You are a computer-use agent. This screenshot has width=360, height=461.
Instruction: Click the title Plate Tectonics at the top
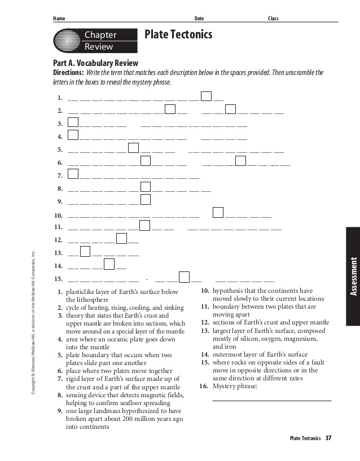point(178,35)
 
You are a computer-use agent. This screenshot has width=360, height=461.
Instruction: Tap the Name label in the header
point(59,19)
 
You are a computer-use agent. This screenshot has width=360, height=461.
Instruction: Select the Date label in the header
point(199,19)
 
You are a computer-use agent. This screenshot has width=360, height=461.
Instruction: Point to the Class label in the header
point(273,19)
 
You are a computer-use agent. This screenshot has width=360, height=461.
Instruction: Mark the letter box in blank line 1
point(206,96)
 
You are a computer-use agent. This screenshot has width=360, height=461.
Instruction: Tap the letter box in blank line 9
point(145,199)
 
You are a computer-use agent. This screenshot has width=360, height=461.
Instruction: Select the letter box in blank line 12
point(121,238)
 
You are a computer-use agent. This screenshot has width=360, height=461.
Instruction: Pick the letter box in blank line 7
point(73,173)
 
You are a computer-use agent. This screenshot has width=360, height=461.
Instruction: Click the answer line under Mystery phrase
point(271,400)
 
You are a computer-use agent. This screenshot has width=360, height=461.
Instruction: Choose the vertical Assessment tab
point(353,276)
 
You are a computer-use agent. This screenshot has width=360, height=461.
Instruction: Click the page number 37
point(328,438)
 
